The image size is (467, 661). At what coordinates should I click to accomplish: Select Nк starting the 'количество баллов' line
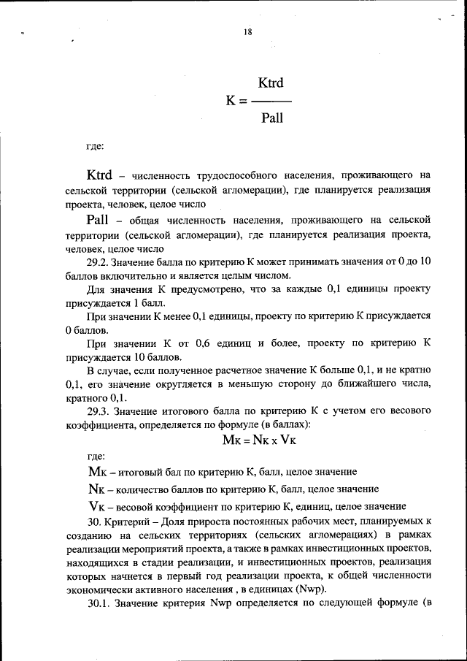pos(96,489)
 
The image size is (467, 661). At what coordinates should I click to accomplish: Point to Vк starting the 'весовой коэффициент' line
pos(96,505)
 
